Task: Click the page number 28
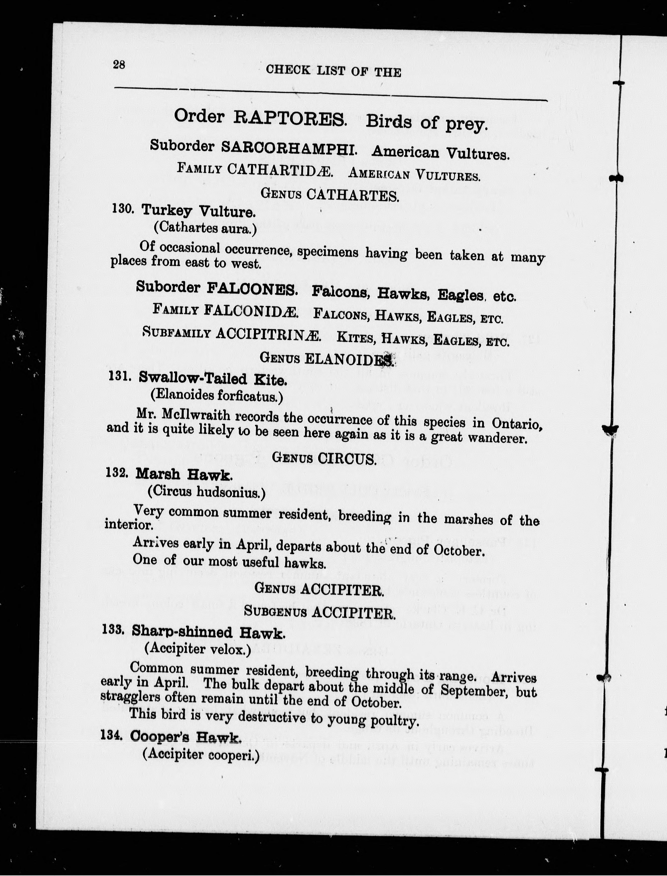pyautogui.click(x=119, y=64)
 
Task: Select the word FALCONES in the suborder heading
pyautogui.click(x=252, y=288)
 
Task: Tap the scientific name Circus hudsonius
pyautogui.click(x=206, y=492)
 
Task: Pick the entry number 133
pyautogui.click(x=113, y=630)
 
